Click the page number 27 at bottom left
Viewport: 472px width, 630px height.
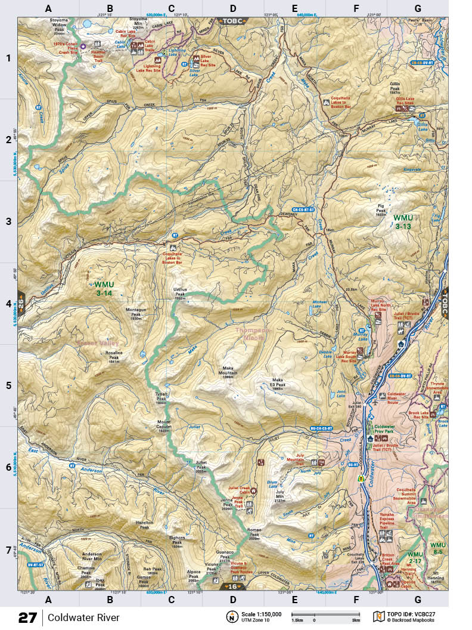(27, 617)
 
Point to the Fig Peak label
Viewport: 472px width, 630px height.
(381, 209)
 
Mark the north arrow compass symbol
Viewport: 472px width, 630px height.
(230, 616)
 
